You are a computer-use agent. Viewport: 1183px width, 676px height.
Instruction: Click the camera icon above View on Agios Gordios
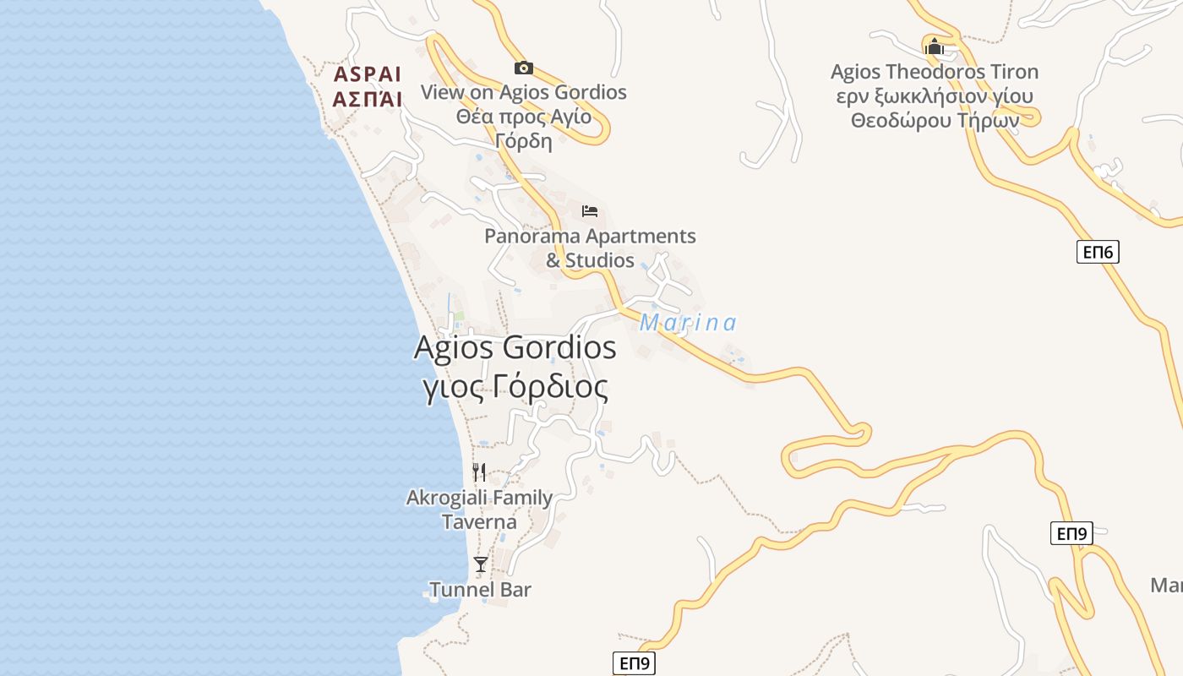tap(524, 68)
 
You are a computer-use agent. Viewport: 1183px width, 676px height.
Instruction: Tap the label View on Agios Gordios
tap(524, 92)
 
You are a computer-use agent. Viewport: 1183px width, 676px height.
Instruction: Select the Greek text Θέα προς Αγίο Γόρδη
tap(524, 128)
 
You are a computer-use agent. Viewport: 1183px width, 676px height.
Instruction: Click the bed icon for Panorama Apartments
tap(590, 210)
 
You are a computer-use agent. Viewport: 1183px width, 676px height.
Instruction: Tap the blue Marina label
tap(688, 323)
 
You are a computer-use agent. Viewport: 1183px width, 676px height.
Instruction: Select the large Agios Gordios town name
tap(515, 347)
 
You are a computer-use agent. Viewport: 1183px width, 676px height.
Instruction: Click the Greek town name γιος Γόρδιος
tap(515, 387)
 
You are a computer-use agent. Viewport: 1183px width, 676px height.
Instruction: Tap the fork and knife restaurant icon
tap(479, 472)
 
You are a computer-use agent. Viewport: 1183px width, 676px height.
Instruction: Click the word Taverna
tap(479, 521)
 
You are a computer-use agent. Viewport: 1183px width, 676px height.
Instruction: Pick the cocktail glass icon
tap(481, 564)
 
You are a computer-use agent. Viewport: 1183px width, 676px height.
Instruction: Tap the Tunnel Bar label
tap(480, 589)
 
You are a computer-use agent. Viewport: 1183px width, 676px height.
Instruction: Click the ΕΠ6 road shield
tap(1098, 251)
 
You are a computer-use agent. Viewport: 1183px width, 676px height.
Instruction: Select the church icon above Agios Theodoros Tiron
tap(934, 46)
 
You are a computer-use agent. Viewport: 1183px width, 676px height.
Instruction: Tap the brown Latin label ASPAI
tap(368, 74)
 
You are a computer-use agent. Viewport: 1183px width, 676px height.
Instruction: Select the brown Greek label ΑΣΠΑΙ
tap(368, 99)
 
